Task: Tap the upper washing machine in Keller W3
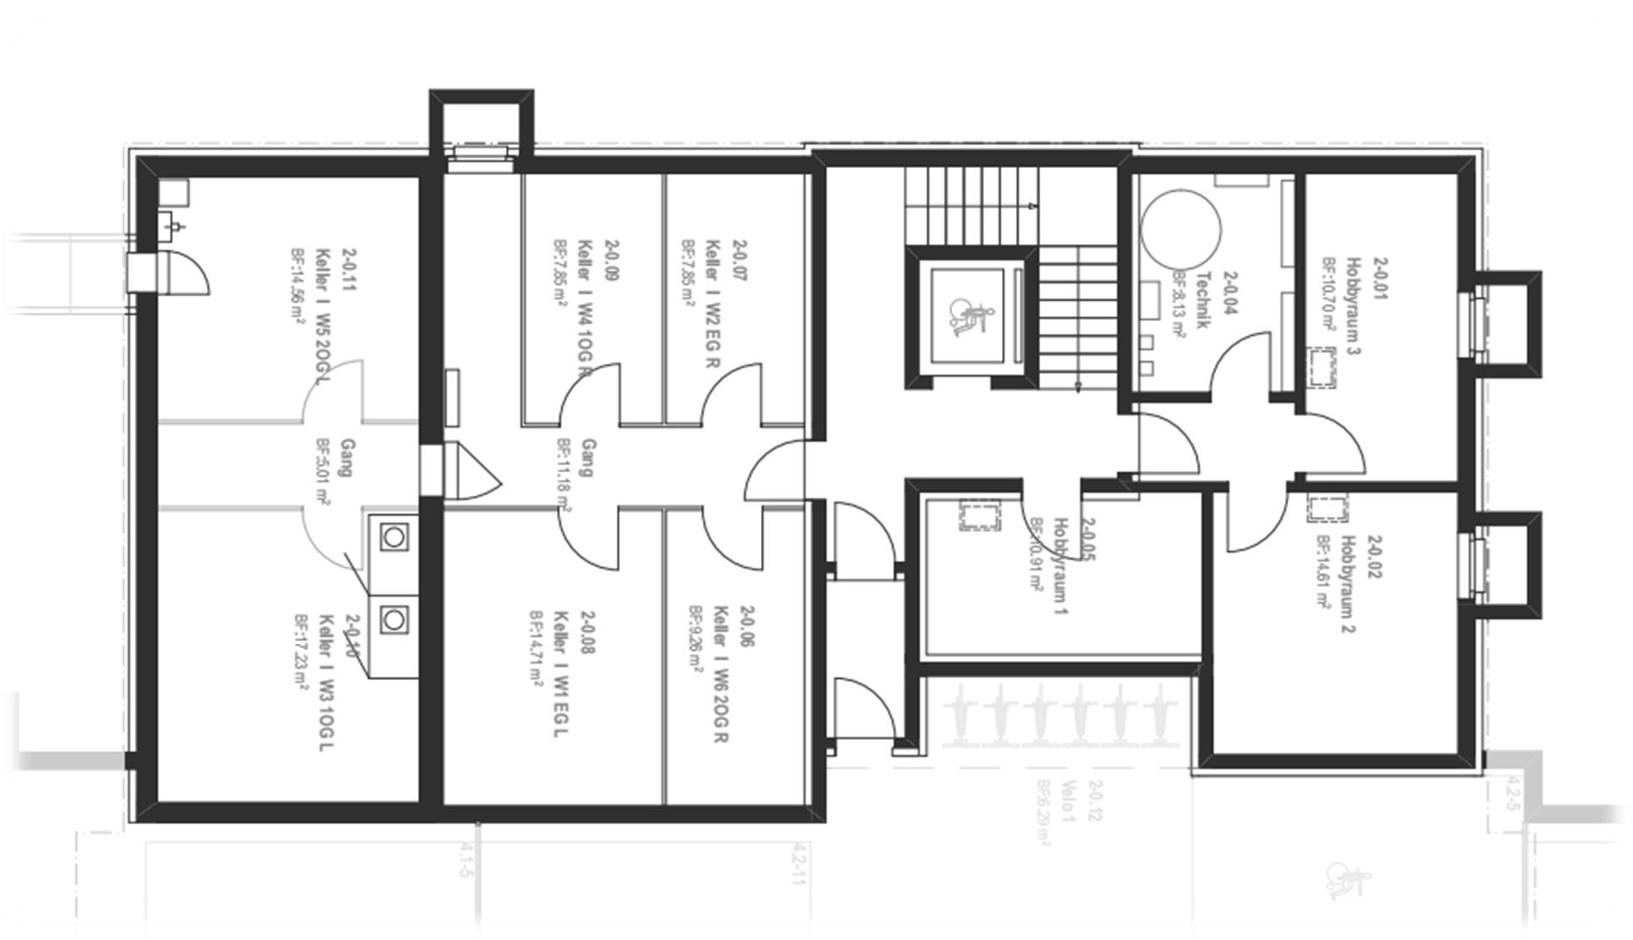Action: coord(393,536)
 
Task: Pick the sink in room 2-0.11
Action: coord(173,225)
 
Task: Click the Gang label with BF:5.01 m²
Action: coord(346,457)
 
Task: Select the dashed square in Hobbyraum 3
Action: coord(1322,367)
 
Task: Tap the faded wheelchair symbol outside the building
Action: coord(1348,880)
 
